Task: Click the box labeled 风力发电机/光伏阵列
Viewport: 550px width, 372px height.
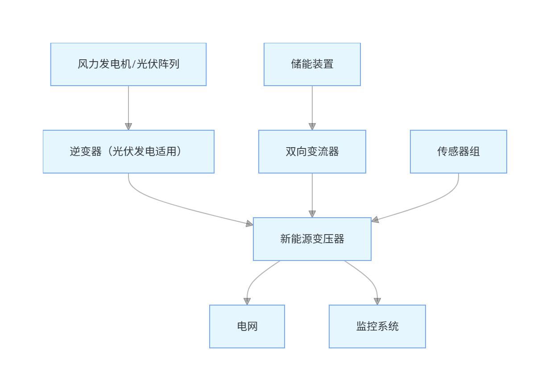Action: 128,64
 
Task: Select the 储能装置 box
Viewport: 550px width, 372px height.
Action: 312,64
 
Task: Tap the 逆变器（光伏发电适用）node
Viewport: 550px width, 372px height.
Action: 128,152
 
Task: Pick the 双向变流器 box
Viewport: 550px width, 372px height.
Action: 312,152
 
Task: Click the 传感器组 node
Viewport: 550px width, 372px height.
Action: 458,152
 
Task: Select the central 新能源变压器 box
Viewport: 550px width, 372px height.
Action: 312,239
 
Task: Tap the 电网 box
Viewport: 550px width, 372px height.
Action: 247,327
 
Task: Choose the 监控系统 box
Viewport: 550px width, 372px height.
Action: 377,327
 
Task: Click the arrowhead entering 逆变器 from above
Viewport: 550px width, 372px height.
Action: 128,126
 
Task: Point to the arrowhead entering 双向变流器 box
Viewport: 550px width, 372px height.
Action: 312,126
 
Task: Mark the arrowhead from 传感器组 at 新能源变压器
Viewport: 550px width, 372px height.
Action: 376,219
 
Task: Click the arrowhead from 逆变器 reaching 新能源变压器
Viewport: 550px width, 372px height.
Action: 249,223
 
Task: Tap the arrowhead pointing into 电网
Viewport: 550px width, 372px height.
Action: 247,301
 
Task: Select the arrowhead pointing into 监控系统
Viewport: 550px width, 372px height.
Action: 377,301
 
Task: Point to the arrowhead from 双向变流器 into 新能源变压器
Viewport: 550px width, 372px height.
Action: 312,214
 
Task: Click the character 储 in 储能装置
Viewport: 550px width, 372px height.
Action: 296,64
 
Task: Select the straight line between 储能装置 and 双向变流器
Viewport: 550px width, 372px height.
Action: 312,105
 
